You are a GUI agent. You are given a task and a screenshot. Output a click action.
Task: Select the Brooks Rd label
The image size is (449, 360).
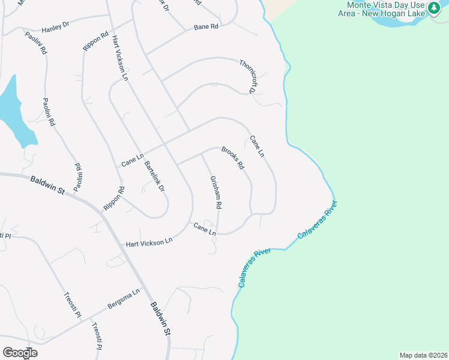pos(232,157)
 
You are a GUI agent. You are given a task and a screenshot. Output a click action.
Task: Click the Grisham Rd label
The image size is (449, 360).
pos(216,192)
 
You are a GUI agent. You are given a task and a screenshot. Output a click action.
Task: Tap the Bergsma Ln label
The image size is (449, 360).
pos(124,299)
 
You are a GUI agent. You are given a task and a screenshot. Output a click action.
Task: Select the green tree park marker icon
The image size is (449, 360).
pos(433,10)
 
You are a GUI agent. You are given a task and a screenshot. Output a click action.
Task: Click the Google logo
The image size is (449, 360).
pos(20,352)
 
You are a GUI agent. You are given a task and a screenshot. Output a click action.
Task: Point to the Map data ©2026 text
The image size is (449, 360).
pos(423,355)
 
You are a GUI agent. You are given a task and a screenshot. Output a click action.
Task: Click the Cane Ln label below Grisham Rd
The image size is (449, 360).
pos(204,228)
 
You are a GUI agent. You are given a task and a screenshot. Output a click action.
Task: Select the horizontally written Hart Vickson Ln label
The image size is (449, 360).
pos(149,242)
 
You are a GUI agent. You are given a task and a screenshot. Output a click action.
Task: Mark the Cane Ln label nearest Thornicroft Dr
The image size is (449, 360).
pos(256,146)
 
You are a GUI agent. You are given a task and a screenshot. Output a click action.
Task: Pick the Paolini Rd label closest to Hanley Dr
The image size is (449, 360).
pos(37,42)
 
